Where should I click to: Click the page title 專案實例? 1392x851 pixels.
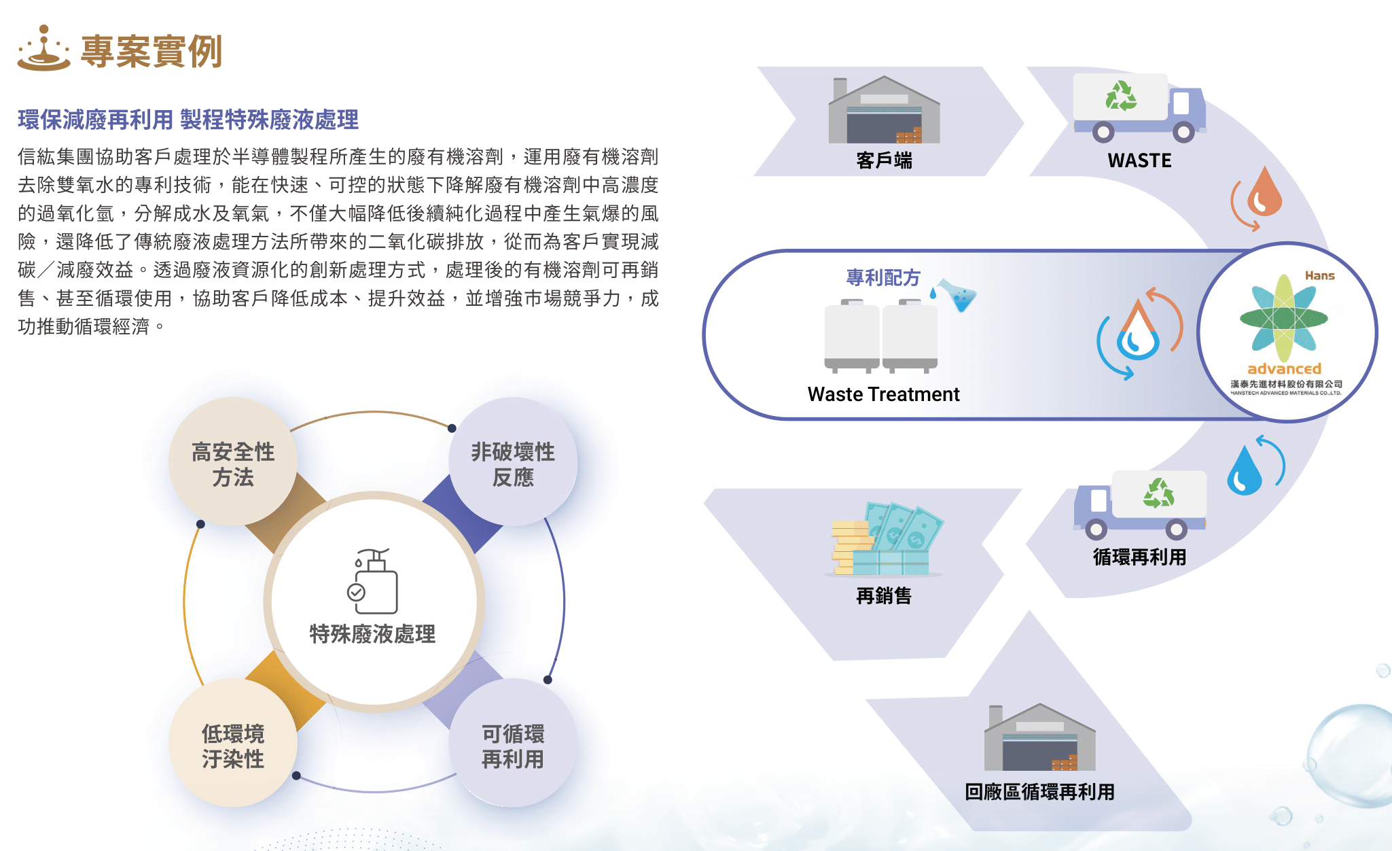click(x=151, y=51)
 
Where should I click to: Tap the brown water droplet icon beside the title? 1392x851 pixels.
click(x=43, y=48)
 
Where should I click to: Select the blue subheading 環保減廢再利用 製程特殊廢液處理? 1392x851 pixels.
click(x=188, y=120)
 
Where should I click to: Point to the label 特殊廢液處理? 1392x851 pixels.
click(x=372, y=634)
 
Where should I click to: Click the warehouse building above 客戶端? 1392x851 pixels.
click(x=884, y=109)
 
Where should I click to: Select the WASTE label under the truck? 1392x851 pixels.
click(x=1139, y=160)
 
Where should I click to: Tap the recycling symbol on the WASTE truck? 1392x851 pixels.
click(x=1120, y=96)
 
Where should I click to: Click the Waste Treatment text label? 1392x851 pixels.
click(x=883, y=394)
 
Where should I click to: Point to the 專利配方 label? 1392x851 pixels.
click(x=883, y=277)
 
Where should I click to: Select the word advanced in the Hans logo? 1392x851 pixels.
click(x=1284, y=368)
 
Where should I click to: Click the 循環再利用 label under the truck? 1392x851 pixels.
click(x=1139, y=557)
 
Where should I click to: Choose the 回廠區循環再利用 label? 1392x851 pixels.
click(x=1039, y=792)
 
